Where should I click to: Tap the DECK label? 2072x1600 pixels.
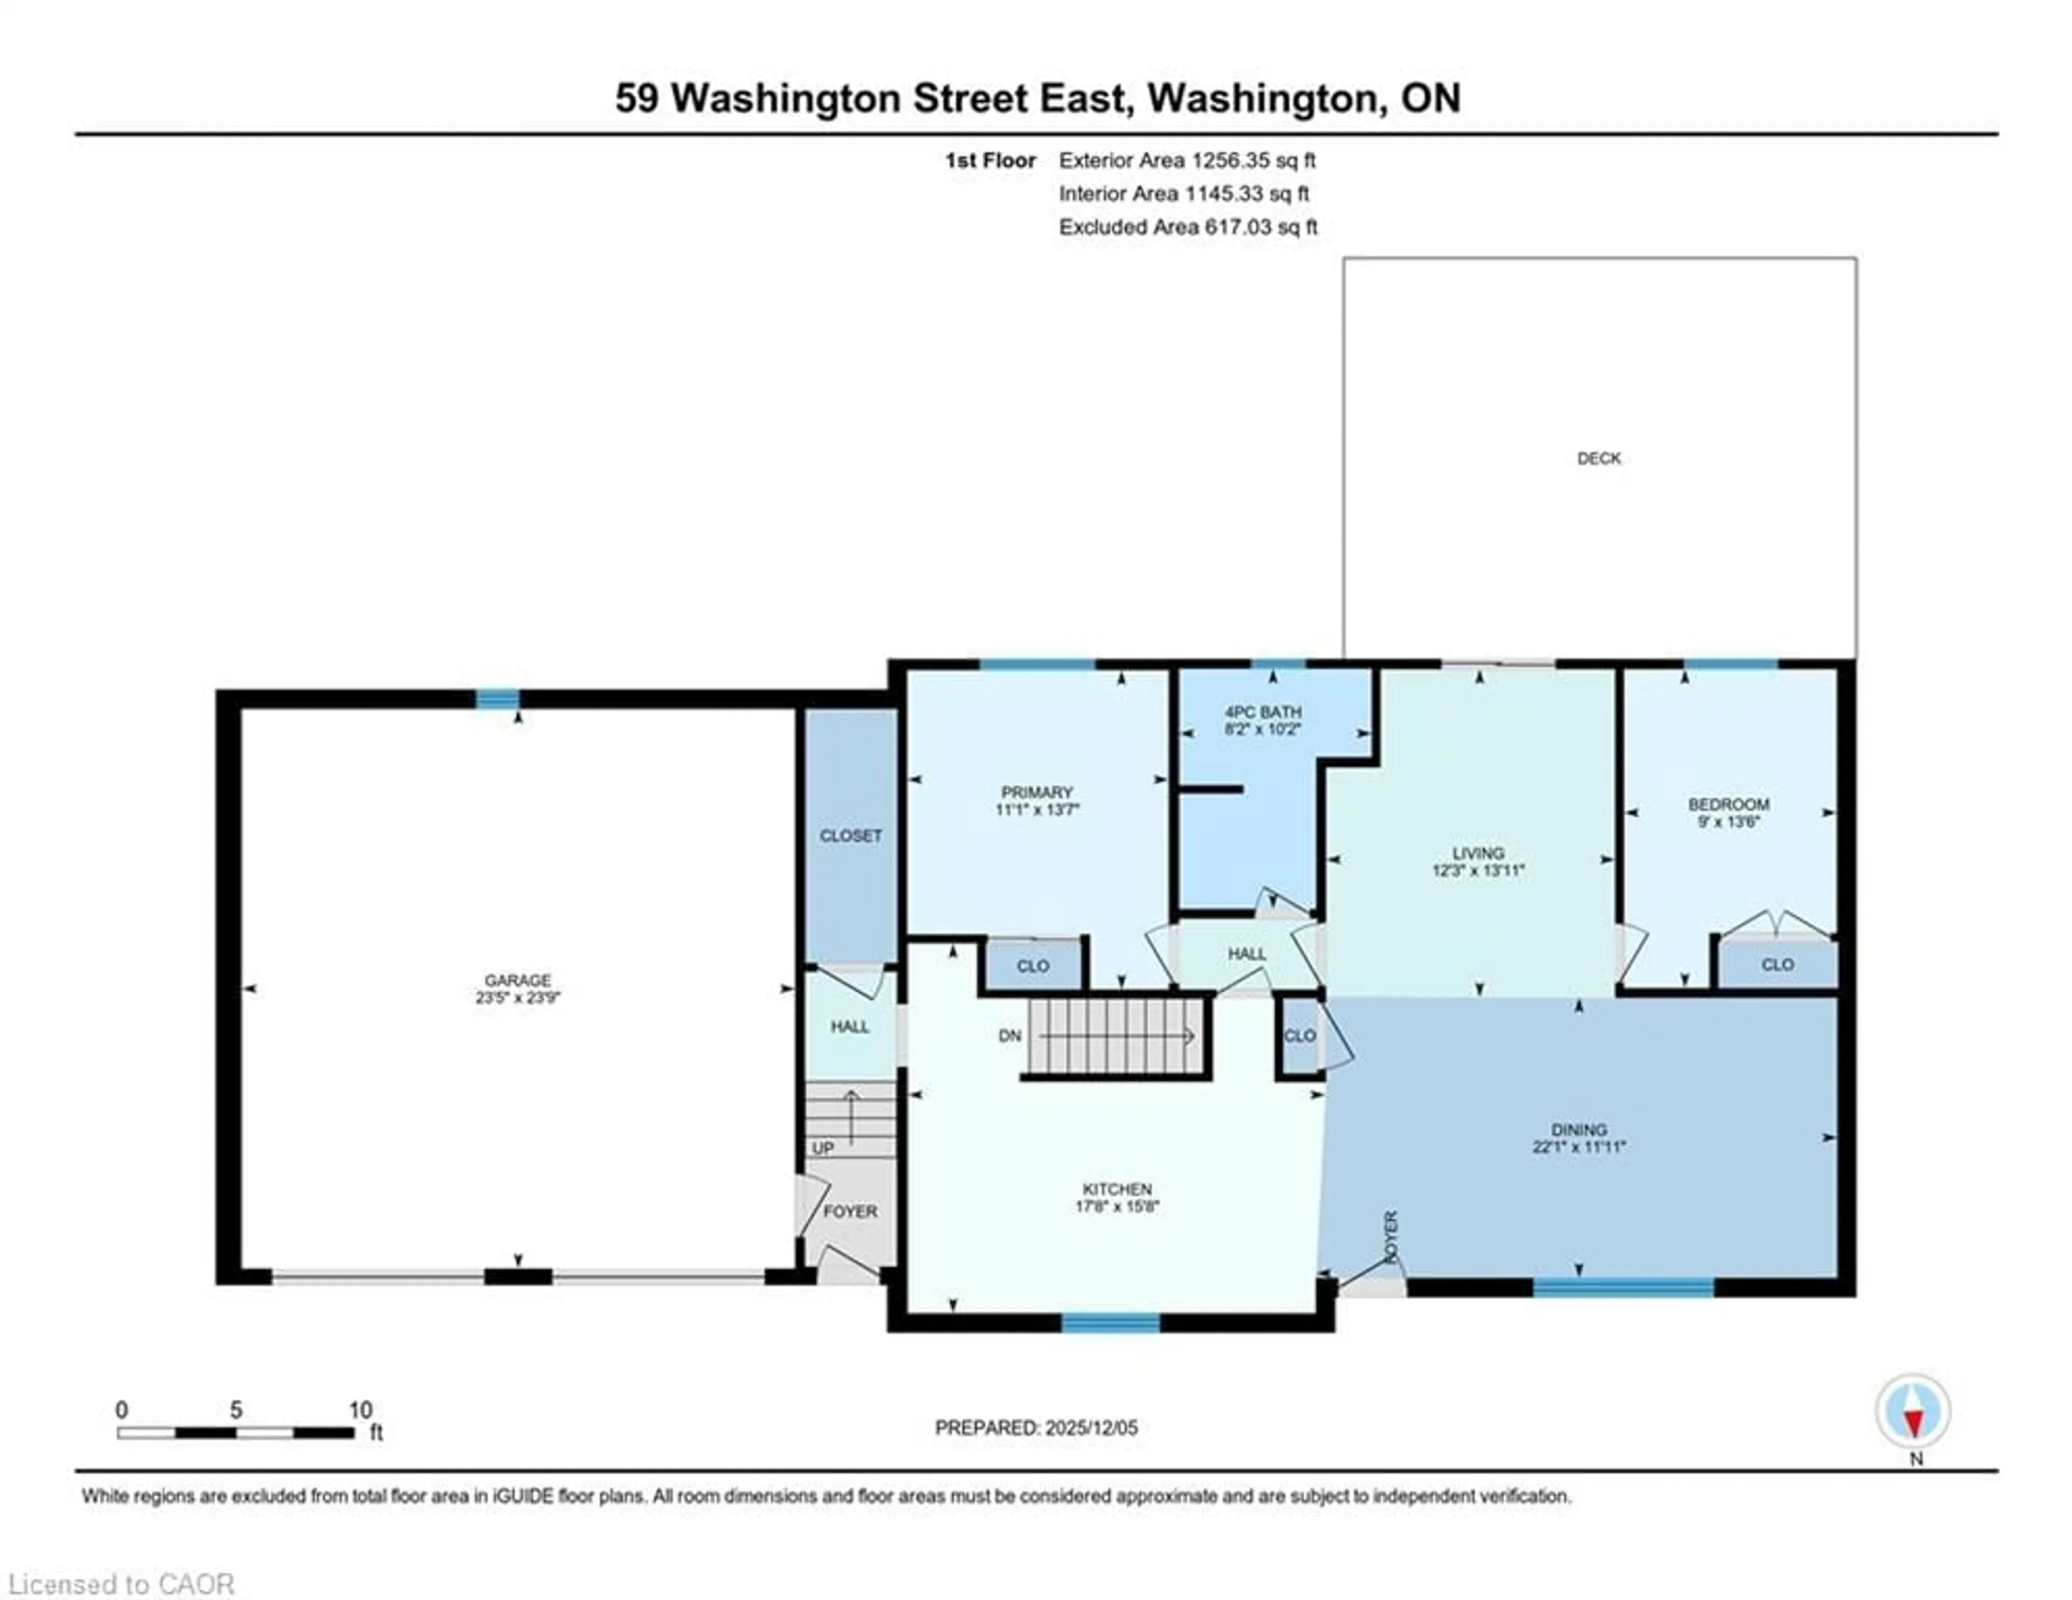[1599, 458]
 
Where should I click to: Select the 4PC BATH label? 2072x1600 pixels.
[1263, 712]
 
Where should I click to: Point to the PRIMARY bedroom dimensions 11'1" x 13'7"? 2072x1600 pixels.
[1037, 810]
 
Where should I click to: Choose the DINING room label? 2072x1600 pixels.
[1579, 1129]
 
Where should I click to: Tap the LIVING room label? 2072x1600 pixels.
[1477, 852]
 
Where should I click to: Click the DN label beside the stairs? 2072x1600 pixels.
[1010, 1035]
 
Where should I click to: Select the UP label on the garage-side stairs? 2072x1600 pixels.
[822, 1148]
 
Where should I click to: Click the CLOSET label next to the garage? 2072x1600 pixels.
[850, 835]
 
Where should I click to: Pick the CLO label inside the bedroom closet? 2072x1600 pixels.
[1777, 964]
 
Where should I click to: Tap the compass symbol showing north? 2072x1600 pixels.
[1913, 1411]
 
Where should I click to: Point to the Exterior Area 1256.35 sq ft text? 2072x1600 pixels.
[1187, 160]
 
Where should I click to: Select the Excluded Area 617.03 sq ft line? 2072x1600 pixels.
[1188, 227]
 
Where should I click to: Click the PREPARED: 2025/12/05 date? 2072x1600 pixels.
[1036, 1427]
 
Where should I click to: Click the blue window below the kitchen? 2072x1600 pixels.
[1110, 1322]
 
